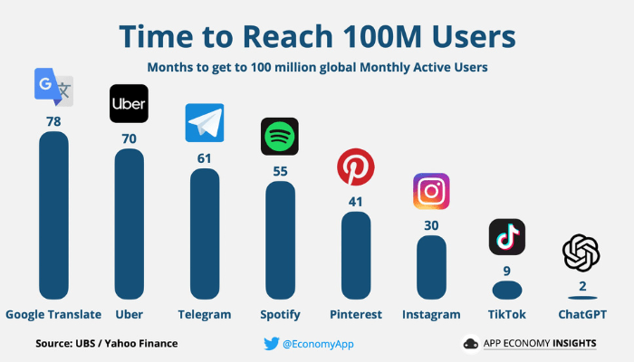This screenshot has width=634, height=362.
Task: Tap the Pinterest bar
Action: click(355, 254)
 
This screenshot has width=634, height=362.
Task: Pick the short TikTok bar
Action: click(506, 290)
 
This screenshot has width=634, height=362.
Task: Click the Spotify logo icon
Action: click(279, 137)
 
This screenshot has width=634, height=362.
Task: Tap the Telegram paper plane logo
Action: click(205, 123)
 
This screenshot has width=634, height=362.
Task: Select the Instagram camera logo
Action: click(431, 192)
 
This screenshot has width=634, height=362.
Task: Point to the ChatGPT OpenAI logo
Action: click(581, 252)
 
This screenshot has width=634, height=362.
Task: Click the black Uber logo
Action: click(129, 103)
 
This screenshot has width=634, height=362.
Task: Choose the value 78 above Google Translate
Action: click(53, 120)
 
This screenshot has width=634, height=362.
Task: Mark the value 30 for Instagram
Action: click(431, 225)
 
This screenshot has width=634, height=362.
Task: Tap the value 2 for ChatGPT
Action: click(581, 287)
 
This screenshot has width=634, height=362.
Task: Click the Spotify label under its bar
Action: click(279, 315)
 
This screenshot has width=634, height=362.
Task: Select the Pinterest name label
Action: click(355, 315)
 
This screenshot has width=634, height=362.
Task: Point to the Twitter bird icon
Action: click(270, 344)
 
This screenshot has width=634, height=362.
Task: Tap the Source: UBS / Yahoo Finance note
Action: click(106, 344)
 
